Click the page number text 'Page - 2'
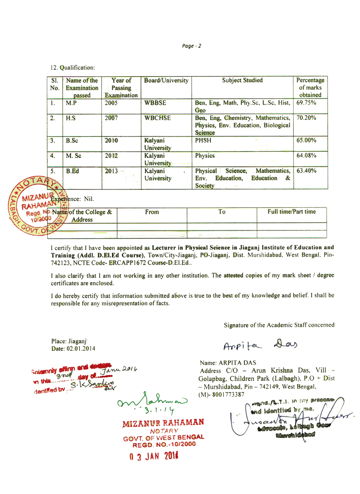[x=191, y=46]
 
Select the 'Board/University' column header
[x=166, y=80]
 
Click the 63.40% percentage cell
[x=306, y=171]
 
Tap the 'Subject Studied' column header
[x=242, y=80]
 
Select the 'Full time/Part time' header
[x=292, y=211]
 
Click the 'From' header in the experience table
[x=152, y=211]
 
